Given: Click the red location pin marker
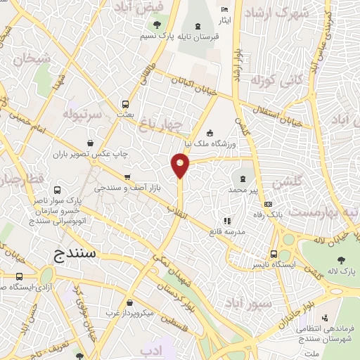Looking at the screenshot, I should (180, 166).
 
